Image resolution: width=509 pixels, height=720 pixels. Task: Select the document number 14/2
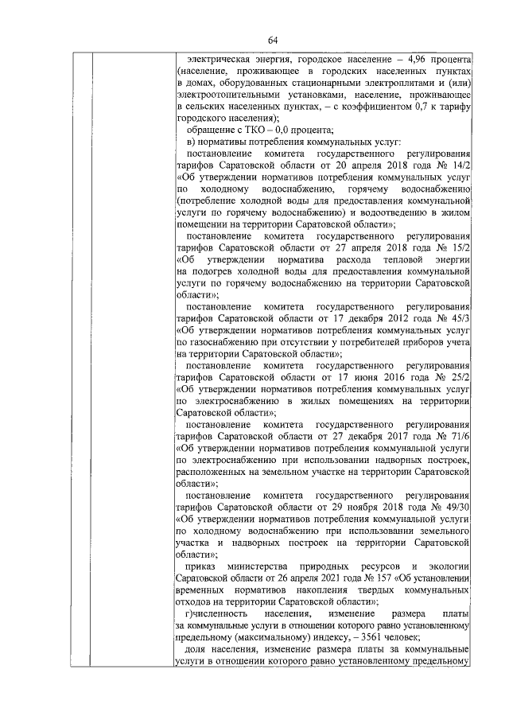tap(460, 163)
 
